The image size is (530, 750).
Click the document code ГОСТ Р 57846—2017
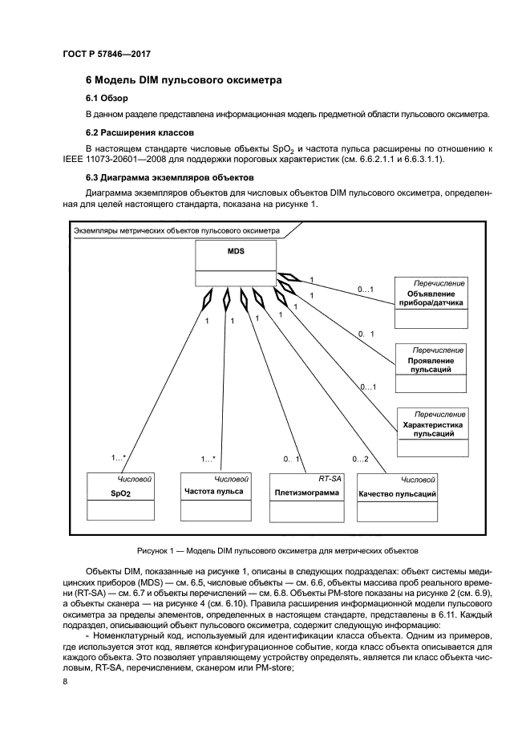107,54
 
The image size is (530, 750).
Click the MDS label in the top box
236,251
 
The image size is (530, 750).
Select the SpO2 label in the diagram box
120,494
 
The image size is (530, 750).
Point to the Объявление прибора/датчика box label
431,298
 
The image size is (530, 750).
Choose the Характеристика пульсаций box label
433,428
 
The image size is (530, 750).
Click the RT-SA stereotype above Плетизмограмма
330,478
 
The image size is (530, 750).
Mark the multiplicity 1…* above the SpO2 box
118,459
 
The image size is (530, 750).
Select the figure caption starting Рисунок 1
276,550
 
